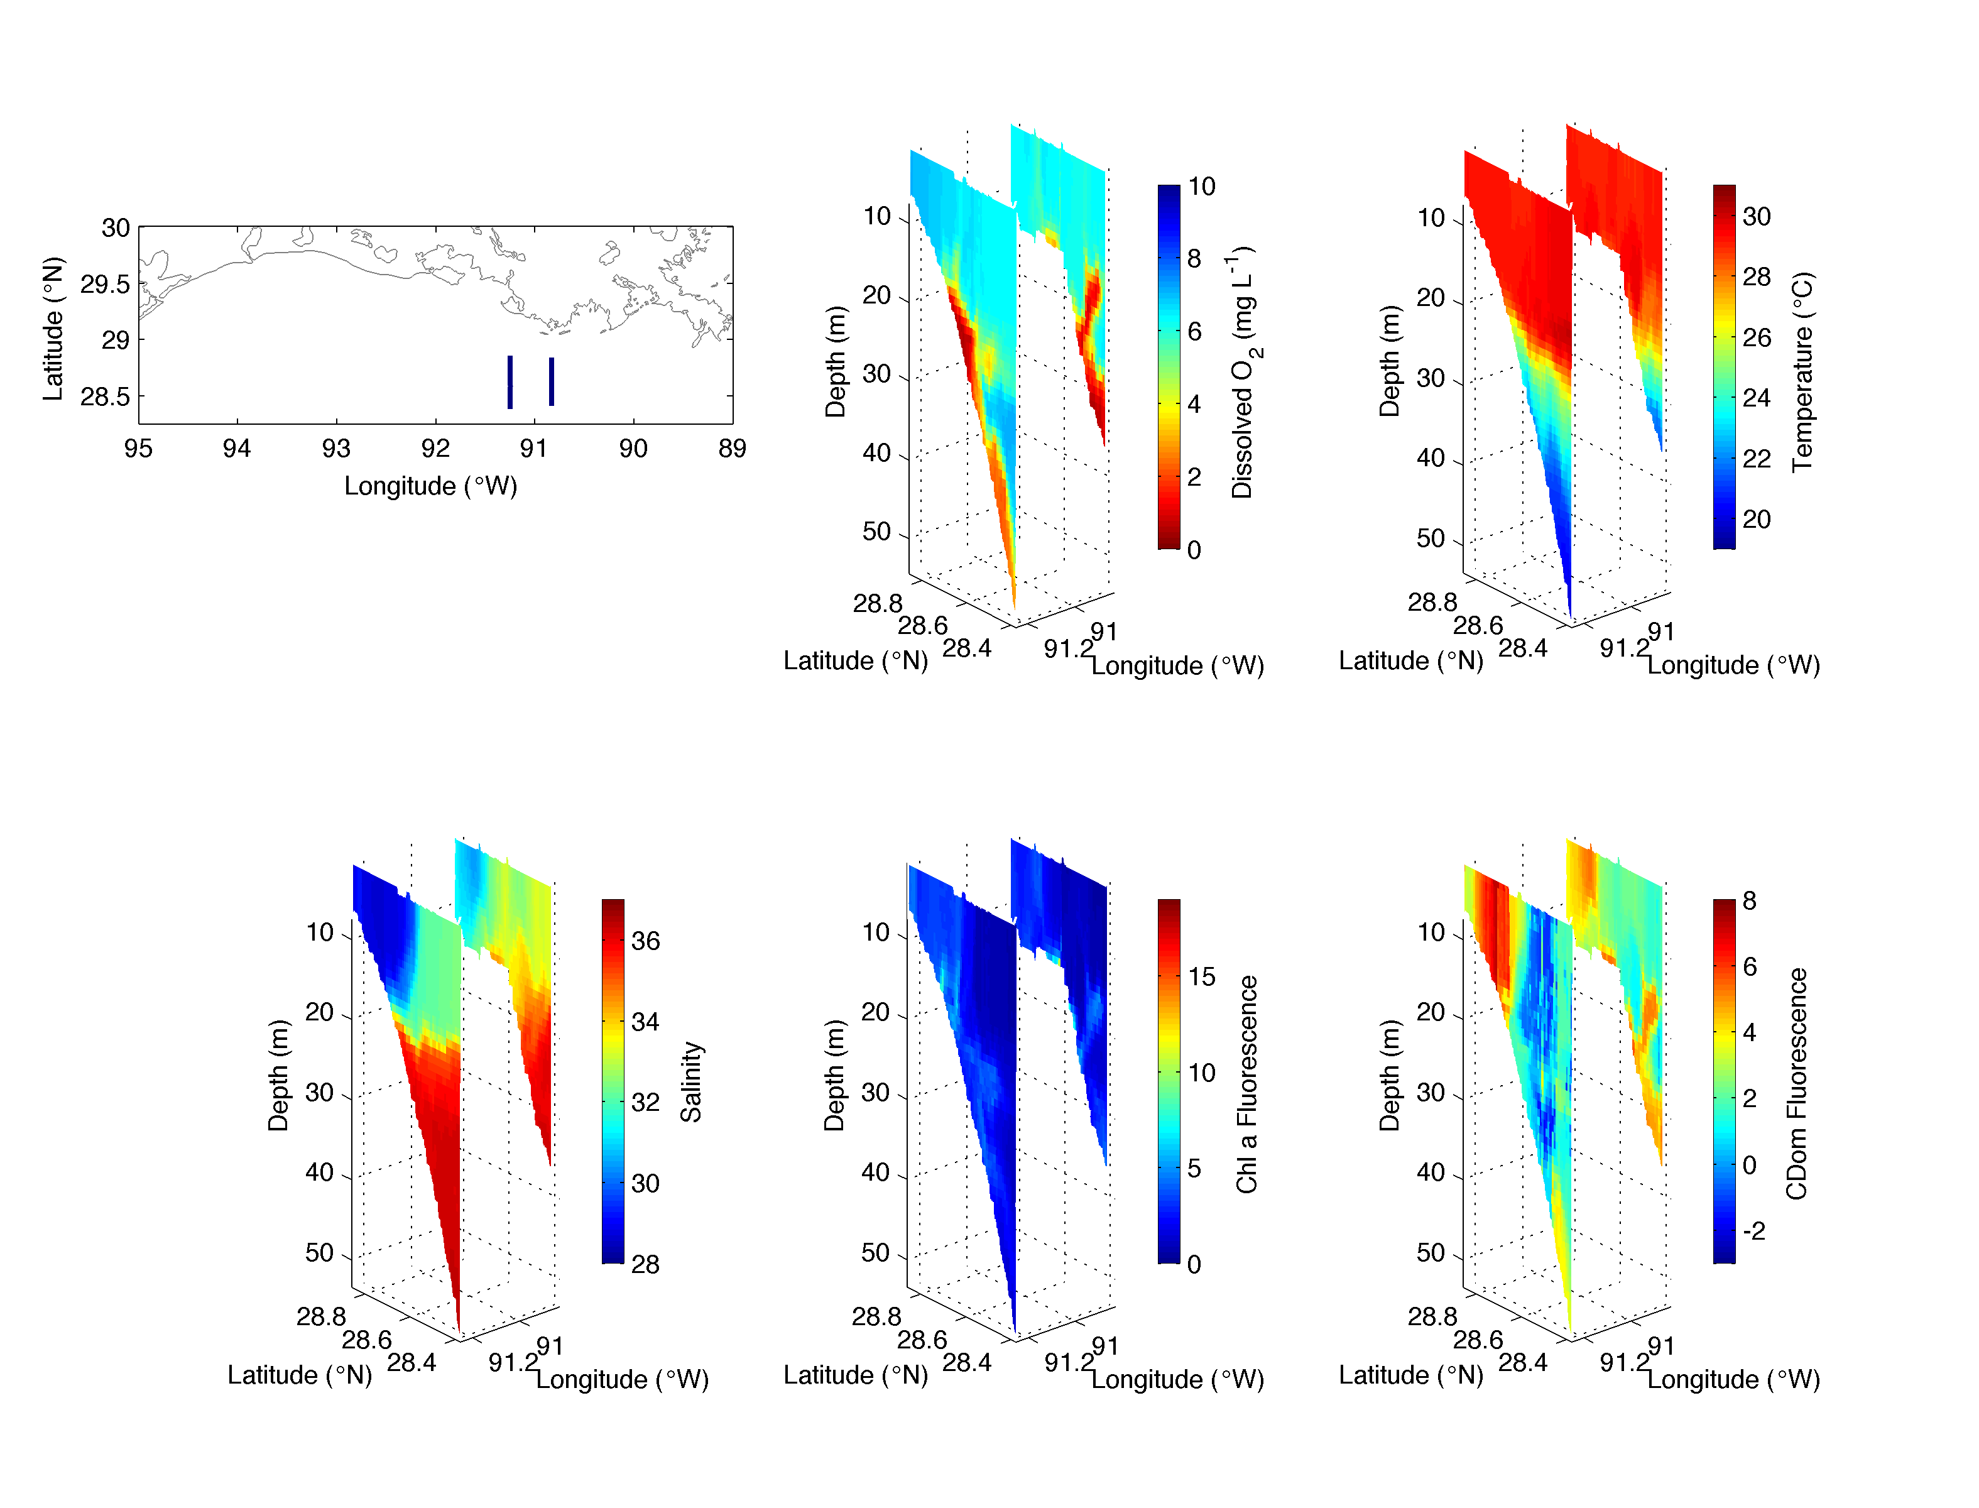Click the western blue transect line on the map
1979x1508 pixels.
[x=510, y=383]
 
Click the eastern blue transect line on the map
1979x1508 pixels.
[x=551, y=381]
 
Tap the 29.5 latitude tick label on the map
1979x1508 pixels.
[x=105, y=285]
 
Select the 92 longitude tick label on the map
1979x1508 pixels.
[x=435, y=448]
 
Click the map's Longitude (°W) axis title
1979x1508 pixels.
[x=431, y=486]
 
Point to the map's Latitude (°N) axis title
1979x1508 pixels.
[x=54, y=329]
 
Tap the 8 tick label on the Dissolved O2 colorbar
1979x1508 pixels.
[x=1194, y=258]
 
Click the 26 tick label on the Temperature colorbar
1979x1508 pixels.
[x=1757, y=337]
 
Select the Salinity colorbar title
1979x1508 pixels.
[x=690, y=1081]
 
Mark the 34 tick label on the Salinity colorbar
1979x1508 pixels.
[x=645, y=1022]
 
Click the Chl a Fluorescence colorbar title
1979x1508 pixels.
[x=1246, y=1085]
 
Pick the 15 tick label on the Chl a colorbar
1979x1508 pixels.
[x=1202, y=976]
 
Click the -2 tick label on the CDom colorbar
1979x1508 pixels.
[x=1753, y=1231]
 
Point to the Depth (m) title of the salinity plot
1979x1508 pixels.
[x=278, y=1074]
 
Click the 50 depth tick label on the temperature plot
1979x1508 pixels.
[x=1431, y=538]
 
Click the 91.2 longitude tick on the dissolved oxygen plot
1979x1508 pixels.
[x=1068, y=647]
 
